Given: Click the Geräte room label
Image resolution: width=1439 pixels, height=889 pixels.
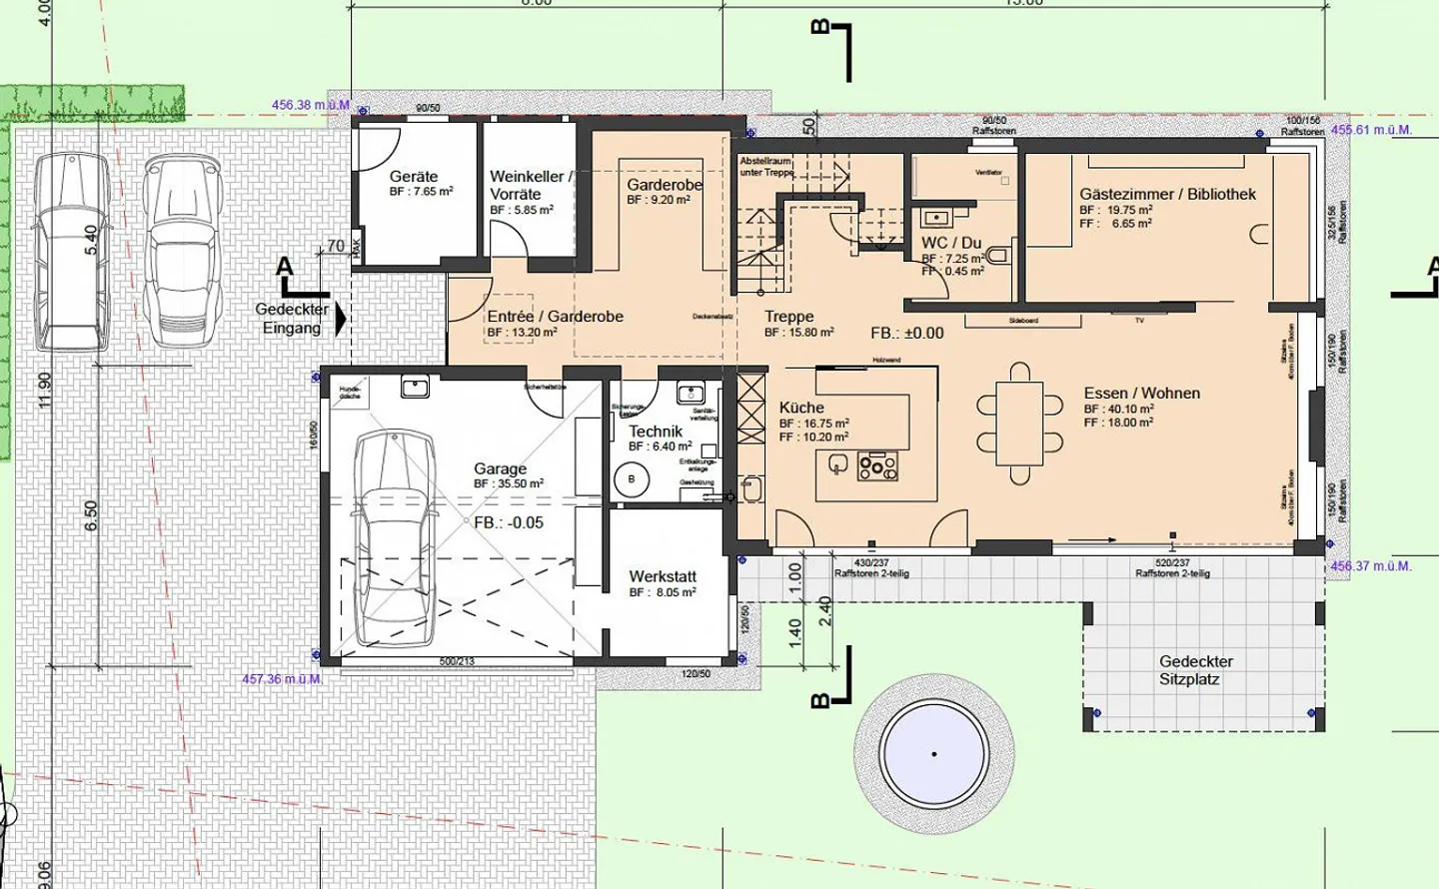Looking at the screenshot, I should (414, 177).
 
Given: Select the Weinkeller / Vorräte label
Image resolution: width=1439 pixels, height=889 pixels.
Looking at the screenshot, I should (531, 185).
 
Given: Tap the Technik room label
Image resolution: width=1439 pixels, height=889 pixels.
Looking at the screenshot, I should (656, 432).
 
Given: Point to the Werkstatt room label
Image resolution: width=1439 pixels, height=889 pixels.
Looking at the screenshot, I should (663, 576).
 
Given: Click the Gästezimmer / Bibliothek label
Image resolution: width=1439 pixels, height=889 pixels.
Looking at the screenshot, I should (1167, 194).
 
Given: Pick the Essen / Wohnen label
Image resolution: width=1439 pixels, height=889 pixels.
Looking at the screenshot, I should (1141, 394).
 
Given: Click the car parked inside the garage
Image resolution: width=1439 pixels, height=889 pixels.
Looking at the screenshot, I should (396, 539).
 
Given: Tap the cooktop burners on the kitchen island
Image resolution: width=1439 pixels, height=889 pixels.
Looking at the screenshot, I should (877, 465).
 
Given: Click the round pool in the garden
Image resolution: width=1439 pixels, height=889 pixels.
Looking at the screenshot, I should (934, 753).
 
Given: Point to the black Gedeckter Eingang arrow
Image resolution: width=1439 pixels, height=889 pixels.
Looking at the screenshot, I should (341, 319).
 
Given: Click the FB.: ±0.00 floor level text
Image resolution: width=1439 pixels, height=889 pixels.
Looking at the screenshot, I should (906, 334).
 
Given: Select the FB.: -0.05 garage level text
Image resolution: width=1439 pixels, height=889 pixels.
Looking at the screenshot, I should (509, 522).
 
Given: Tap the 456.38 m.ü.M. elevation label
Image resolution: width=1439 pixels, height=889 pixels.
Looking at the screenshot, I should (311, 105).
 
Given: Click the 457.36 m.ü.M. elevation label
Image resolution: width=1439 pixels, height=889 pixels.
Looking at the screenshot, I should (282, 679).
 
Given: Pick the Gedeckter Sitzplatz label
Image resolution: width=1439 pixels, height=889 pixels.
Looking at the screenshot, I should (1195, 670).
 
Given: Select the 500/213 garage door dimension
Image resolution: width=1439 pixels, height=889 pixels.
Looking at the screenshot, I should (457, 662).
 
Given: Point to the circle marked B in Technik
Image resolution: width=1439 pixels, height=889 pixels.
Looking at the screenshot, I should (632, 480).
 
